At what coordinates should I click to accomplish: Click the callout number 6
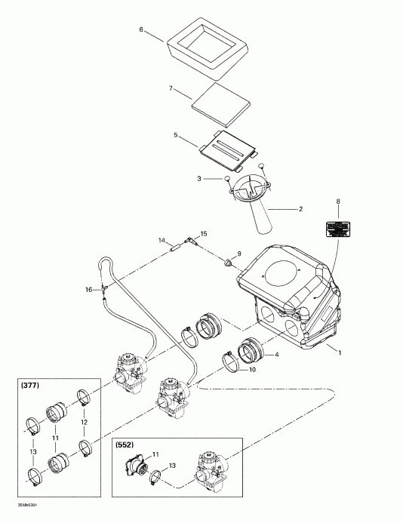(x=141, y=29)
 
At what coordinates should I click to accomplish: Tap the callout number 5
(x=175, y=136)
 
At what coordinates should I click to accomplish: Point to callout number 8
(x=338, y=203)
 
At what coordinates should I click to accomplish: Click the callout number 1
(x=339, y=352)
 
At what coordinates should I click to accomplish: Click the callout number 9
(x=239, y=254)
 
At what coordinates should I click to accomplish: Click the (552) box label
(x=126, y=445)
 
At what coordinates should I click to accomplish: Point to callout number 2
(x=282, y=209)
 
